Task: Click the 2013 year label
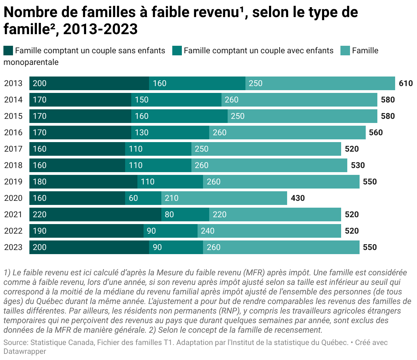click(x=13, y=83)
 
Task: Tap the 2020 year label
click(x=13, y=198)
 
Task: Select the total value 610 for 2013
click(x=406, y=83)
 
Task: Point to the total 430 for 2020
click(x=298, y=198)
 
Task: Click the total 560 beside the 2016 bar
click(x=376, y=133)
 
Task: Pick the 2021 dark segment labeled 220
click(x=95, y=214)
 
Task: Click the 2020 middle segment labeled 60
click(x=143, y=198)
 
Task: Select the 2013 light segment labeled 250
click(x=320, y=83)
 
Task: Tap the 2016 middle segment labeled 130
click(x=170, y=133)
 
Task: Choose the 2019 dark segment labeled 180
click(x=83, y=182)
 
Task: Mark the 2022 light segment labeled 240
click(x=269, y=231)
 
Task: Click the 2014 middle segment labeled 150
click(x=176, y=100)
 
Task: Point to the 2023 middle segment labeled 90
click(x=176, y=247)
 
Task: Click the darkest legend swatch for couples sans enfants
click(x=8, y=51)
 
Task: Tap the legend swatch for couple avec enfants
click(x=177, y=51)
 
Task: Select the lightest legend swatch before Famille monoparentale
click(x=345, y=51)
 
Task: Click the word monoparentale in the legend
click(x=31, y=62)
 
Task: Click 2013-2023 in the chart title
click(x=100, y=29)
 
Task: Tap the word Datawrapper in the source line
click(x=25, y=351)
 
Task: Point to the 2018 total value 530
click(x=358, y=165)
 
